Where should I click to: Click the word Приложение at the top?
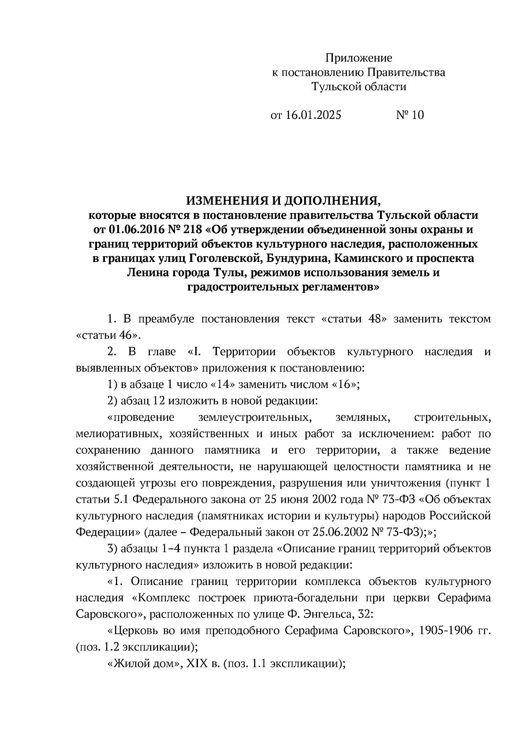[358, 58]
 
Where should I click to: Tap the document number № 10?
[410, 115]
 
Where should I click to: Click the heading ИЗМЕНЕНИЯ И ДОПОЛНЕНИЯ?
[283, 201]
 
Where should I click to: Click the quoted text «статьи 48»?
[352, 319]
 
